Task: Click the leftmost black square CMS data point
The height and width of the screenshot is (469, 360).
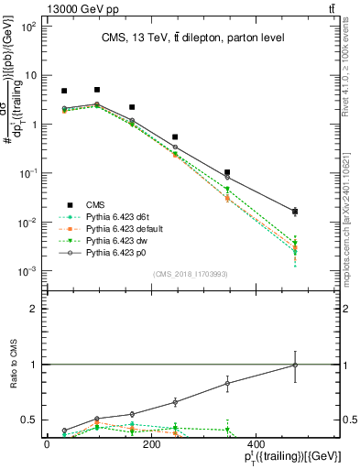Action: (64, 91)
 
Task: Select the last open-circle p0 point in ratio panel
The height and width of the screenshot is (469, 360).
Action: (295, 365)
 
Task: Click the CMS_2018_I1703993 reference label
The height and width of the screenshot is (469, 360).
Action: (191, 274)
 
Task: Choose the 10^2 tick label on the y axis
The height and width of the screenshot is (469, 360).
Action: (28, 27)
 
